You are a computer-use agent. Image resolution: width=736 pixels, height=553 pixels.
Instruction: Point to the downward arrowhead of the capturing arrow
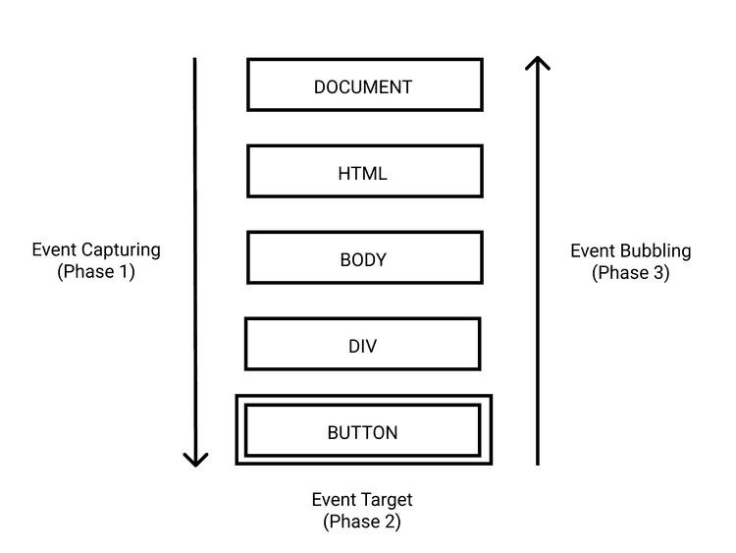point(195,458)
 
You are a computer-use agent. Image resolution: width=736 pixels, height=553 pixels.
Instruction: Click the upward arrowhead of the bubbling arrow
point(538,64)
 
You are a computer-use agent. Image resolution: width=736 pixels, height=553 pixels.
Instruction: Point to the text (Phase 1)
point(95,272)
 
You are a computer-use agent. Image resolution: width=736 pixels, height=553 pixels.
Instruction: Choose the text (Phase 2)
point(362,523)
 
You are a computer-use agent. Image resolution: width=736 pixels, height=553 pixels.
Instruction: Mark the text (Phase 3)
point(630,273)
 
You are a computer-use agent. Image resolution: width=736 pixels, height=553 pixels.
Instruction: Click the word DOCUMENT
point(363,87)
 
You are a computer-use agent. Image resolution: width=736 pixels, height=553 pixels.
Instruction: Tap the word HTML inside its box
point(363,174)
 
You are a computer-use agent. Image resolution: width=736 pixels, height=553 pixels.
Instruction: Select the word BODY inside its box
point(363,260)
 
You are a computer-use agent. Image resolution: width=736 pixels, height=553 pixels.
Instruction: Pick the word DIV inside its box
point(362,347)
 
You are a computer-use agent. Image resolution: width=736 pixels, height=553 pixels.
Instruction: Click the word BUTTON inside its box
point(362,433)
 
